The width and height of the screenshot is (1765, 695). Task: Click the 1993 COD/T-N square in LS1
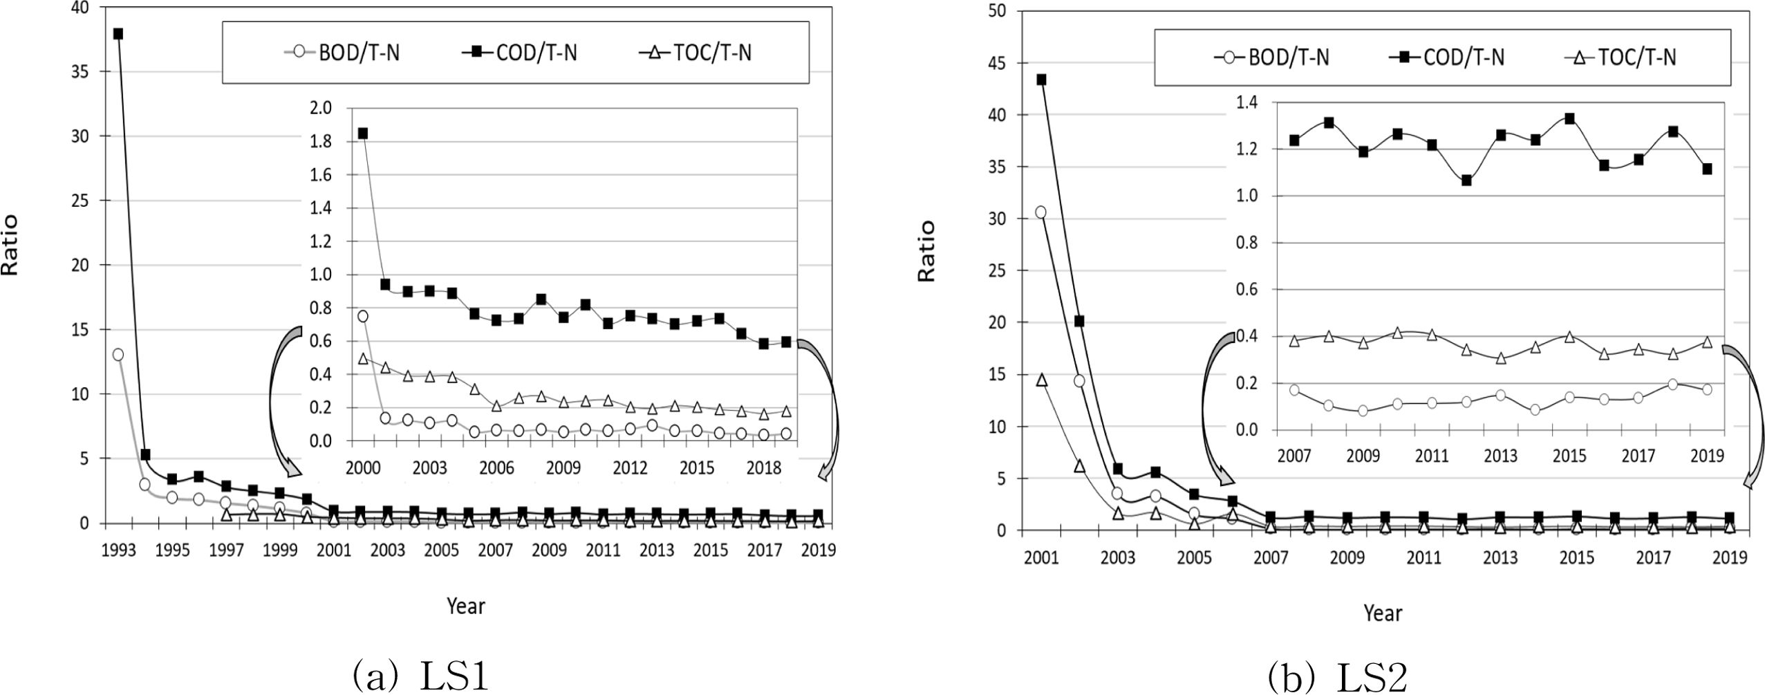point(118,34)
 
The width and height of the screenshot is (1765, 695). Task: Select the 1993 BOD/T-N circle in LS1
point(118,355)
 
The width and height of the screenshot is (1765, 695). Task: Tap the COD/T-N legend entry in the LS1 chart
point(520,53)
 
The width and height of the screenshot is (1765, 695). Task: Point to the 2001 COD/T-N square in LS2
point(1041,80)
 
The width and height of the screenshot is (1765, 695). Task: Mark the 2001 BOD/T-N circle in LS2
point(1040,212)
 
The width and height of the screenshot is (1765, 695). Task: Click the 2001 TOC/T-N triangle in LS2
point(1041,380)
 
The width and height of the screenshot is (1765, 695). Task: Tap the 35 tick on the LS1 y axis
point(82,72)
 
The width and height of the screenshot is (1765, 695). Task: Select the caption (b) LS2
point(1337,676)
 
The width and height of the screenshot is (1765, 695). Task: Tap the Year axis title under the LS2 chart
point(1382,613)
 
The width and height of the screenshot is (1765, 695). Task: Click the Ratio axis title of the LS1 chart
point(10,245)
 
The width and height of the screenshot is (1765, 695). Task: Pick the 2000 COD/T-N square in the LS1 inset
point(362,133)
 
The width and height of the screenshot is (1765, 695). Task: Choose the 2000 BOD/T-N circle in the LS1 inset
point(362,316)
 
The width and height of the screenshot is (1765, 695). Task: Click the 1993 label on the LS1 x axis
point(118,550)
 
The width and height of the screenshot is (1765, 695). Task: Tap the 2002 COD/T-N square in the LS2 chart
point(1079,322)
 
